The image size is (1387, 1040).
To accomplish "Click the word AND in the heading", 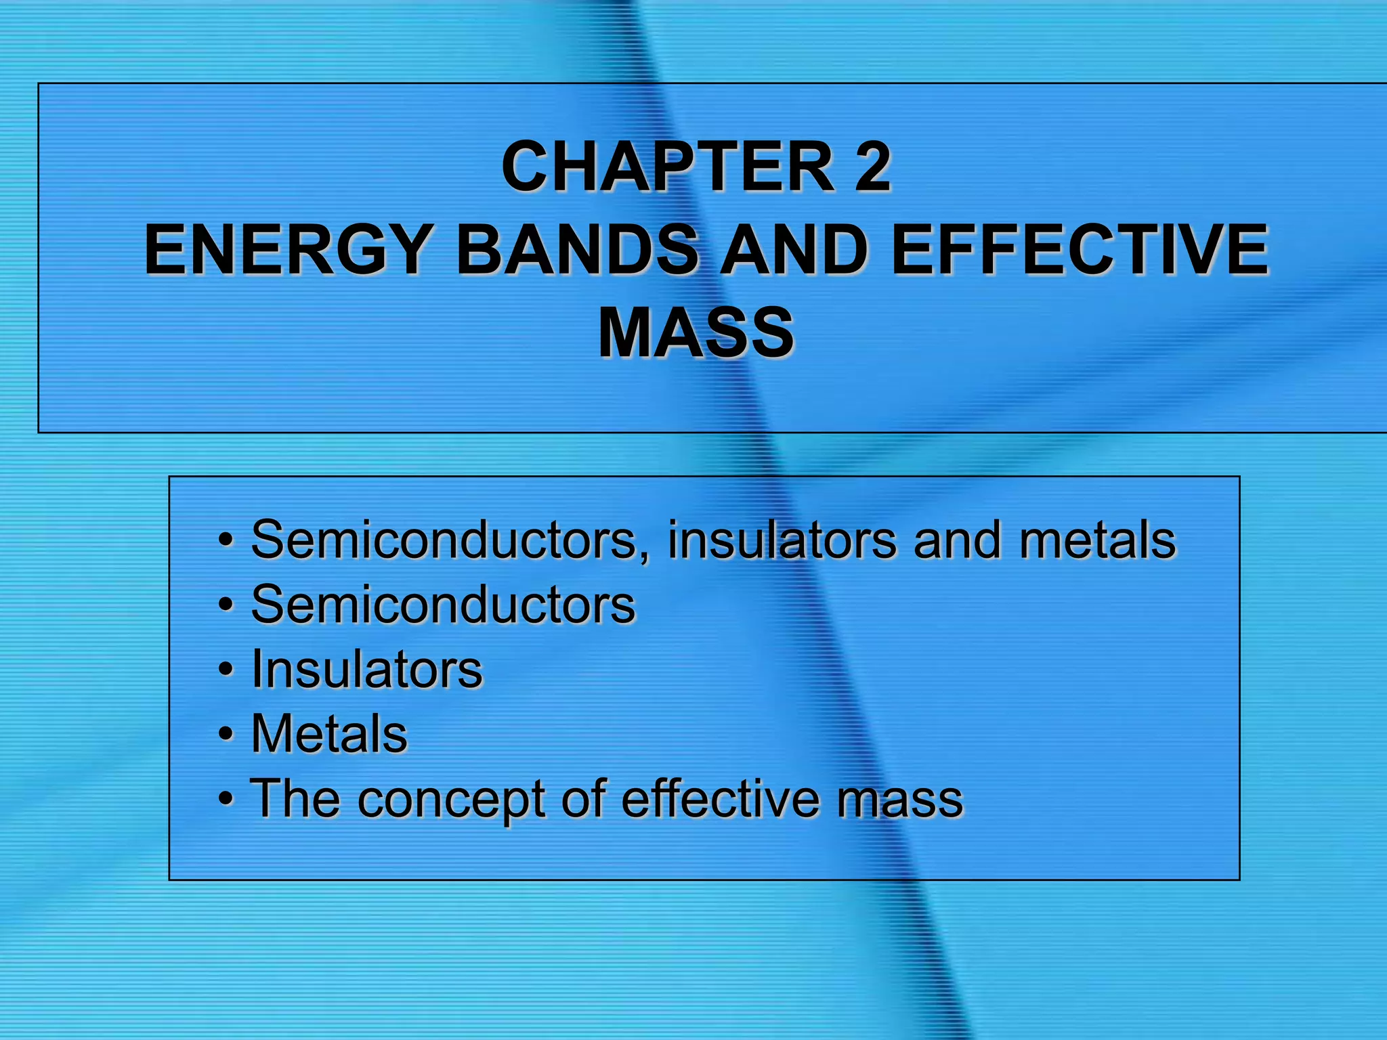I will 793,250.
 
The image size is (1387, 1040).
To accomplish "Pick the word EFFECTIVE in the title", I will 1080,250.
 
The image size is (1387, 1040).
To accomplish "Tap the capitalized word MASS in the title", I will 696,332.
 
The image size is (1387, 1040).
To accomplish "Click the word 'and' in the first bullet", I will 957,540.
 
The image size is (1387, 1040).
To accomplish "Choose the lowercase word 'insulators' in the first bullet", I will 782,540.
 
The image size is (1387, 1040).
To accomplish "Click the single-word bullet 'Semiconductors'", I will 443,604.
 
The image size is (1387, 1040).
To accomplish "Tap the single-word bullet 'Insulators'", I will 366,669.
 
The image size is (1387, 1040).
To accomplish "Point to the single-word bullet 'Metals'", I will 329,733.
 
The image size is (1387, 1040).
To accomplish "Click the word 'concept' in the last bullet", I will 452,800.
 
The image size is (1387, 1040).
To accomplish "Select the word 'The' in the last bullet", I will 295,798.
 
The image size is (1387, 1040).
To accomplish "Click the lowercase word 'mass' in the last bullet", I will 899,800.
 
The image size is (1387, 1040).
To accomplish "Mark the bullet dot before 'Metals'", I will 226,735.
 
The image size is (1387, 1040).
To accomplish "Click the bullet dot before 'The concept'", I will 226,800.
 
